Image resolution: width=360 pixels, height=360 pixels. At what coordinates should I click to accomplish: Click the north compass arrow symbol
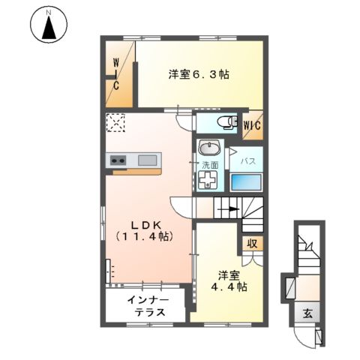(x=49, y=27)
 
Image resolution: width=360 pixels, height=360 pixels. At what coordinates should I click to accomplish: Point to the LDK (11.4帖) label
(x=145, y=230)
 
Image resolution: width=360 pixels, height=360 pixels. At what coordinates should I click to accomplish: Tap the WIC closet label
(x=251, y=125)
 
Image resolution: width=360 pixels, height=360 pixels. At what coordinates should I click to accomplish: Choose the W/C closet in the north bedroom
(x=118, y=74)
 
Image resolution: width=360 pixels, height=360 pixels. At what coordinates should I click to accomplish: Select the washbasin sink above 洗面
(x=209, y=147)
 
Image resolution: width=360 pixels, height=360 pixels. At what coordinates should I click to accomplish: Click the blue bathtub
(x=246, y=182)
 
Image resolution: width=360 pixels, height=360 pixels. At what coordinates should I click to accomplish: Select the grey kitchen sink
(x=147, y=159)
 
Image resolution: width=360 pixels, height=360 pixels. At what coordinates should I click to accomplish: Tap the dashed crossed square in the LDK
(x=115, y=122)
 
